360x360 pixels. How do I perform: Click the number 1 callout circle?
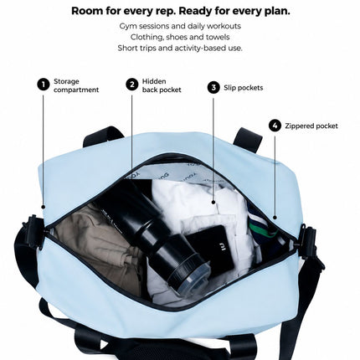(x=44, y=85)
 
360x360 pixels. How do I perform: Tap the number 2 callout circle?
(x=132, y=85)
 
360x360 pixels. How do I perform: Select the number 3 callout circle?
(x=213, y=88)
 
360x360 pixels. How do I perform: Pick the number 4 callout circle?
(x=275, y=126)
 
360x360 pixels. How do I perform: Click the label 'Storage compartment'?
(x=76, y=85)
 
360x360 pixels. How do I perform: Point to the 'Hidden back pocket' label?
(x=162, y=85)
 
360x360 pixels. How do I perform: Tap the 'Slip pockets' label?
(x=244, y=88)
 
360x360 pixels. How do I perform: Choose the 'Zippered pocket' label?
(x=311, y=126)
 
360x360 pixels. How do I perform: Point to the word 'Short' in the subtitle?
(x=127, y=48)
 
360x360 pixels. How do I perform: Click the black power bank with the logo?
(x=213, y=248)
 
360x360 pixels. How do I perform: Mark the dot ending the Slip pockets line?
(x=213, y=203)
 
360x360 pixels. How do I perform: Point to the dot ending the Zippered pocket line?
(x=275, y=218)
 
